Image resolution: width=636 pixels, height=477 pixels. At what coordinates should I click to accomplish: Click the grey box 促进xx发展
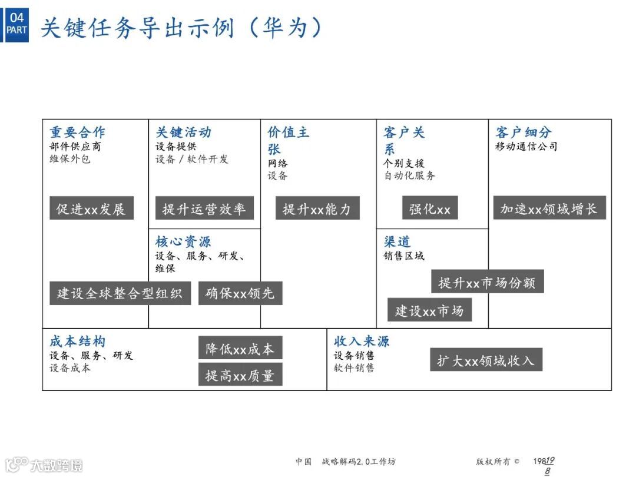tap(91, 208)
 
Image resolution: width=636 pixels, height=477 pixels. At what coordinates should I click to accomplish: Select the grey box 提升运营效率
tap(204, 208)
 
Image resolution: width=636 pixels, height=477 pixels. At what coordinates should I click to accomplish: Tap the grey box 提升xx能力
tap(317, 208)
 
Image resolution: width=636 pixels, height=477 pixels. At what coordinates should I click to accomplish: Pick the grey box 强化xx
tap(430, 208)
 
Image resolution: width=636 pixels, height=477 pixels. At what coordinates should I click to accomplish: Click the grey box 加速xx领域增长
tap(549, 208)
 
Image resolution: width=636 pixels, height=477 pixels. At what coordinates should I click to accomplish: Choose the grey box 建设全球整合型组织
tap(120, 293)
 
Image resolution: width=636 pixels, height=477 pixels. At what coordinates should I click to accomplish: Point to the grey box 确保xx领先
tap(240, 293)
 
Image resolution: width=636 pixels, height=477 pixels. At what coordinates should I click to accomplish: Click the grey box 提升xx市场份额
tap(487, 282)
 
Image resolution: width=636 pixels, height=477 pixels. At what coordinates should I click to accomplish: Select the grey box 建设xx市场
tap(429, 310)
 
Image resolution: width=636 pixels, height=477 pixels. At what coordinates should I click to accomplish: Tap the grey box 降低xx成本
tap(240, 348)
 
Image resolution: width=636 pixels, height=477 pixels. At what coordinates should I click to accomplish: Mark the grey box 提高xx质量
tap(240, 375)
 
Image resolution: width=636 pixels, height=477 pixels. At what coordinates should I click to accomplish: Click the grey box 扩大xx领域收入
tap(486, 360)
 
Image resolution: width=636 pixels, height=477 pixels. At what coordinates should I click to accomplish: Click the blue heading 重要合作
tap(77, 132)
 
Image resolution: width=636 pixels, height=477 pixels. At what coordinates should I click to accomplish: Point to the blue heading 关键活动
tap(183, 132)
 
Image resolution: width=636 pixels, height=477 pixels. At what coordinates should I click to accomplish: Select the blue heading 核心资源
tap(183, 241)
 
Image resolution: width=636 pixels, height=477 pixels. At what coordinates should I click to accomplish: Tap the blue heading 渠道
tap(397, 241)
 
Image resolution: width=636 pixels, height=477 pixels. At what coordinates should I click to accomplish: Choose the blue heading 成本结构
tap(77, 342)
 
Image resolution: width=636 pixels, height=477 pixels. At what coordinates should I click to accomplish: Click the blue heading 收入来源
tap(362, 342)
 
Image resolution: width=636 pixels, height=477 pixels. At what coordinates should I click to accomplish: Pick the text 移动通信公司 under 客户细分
tap(526, 147)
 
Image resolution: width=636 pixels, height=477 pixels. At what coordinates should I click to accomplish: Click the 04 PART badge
tap(17, 24)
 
